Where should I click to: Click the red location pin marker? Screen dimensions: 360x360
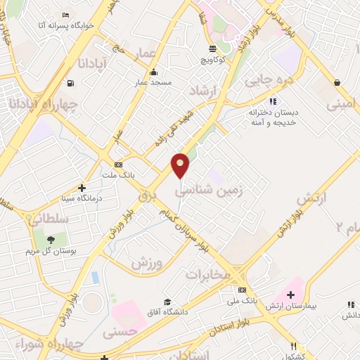[x=181, y=166]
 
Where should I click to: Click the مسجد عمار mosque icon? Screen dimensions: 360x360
[x=154, y=72]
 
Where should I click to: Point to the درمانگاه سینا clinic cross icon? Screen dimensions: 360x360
[x=82, y=188]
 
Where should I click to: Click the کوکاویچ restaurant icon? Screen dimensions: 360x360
[x=212, y=49]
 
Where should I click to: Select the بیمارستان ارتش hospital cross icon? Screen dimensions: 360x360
[x=290, y=294]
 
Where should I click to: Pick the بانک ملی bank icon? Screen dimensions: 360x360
[x=242, y=290]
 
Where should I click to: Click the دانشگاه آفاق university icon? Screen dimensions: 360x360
[x=167, y=301]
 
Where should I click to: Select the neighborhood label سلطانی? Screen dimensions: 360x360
[x=49, y=219]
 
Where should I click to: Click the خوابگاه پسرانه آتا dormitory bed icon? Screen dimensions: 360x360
[x=66, y=15]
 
